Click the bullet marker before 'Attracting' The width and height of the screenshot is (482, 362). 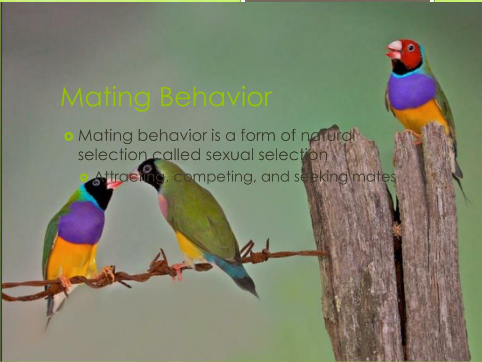pyautogui.click(x=84, y=177)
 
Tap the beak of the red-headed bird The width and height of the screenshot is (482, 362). pyautogui.click(x=394, y=49)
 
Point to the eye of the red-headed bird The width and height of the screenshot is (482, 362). pyautogui.click(x=411, y=48)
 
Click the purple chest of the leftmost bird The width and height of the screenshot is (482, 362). pyautogui.click(x=81, y=222)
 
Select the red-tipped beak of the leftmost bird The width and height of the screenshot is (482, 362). pyautogui.click(x=113, y=184)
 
